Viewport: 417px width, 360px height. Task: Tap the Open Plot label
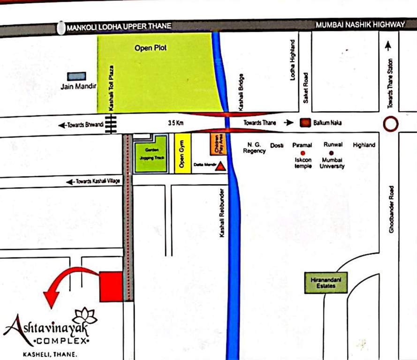[x=151, y=48]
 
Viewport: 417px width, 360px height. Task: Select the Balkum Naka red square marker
[x=306, y=123]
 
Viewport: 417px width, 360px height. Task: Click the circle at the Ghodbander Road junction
[x=391, y=124]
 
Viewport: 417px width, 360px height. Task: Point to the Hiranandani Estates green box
[x=326, y=283]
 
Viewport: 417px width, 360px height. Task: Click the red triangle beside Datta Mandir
[x=219, y=166]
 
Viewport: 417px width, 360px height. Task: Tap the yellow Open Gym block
[x=182, y=154]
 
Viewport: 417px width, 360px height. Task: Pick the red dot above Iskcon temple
[x=303, y=153]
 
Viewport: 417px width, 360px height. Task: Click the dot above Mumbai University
[x=331, y=153]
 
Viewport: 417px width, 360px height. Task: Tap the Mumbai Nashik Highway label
[x=360, y=25]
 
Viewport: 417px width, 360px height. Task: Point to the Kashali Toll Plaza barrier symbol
[x=111, y=124]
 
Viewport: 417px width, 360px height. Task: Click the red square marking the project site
[x=111, y=286]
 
